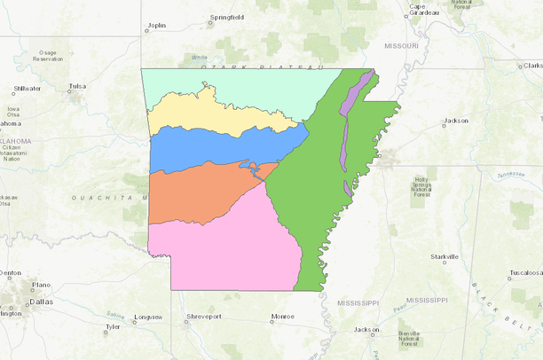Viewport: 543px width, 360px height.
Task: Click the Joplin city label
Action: (157, 27)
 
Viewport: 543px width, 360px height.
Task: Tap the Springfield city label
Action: (226, 17)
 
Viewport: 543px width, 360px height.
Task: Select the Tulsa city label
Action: (77, 87)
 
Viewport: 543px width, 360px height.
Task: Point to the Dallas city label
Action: (41, 301)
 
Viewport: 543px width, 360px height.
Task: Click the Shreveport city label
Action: (203, 317)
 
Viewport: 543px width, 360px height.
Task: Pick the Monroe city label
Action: (283, 317)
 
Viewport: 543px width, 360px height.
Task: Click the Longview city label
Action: (148, 317)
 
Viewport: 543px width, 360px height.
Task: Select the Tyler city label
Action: (112, 327)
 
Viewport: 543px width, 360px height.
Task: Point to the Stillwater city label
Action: (28, 89)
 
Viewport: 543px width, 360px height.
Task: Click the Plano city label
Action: (41, 286)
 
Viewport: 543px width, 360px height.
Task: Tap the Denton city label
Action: (11, 273)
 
